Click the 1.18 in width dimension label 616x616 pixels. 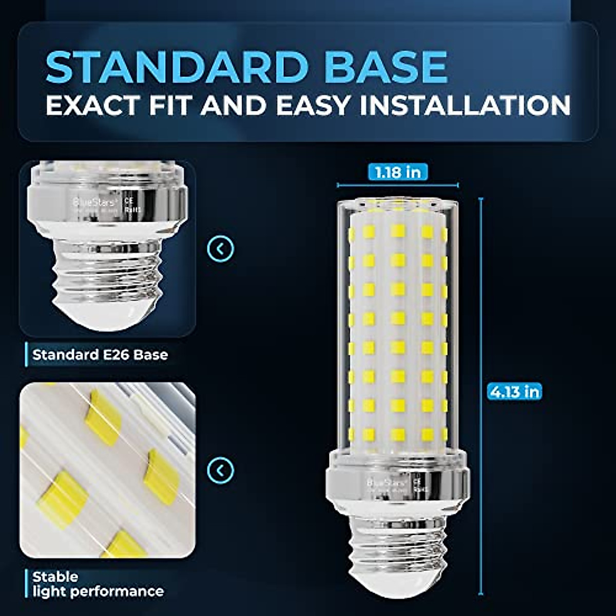coord(398,172)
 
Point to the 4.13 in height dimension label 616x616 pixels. coord(515,392)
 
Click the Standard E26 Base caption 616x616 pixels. coord(100,355)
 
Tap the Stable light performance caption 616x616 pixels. coord(98,584)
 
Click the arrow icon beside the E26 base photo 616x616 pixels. coord(221,249)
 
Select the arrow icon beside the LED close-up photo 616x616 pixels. coord(221,470)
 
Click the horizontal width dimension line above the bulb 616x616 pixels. coord(398,185)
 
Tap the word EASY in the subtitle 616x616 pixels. coord(312,106)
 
